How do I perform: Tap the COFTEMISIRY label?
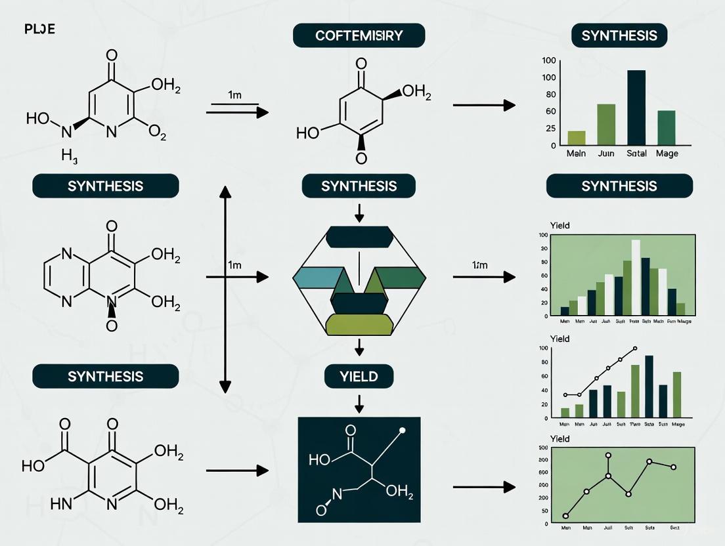[x=359, y=35]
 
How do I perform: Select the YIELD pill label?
[x=359, y=376]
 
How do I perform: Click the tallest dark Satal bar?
[x=636, y=107]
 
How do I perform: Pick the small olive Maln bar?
[x=577, y=137]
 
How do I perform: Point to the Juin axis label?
[x=606, y=153]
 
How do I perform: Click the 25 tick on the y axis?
[x=549, y=128]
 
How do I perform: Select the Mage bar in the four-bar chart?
[x=666, y=127]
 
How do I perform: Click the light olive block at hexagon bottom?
[x=359, y=324]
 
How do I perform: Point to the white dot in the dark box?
[x=403, y=430]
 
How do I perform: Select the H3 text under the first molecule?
[x=70, y=156]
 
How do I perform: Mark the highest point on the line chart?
[x=609, y=455]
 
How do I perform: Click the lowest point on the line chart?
[x=565, y=516]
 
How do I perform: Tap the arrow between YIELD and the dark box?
[x=359, y=402]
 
